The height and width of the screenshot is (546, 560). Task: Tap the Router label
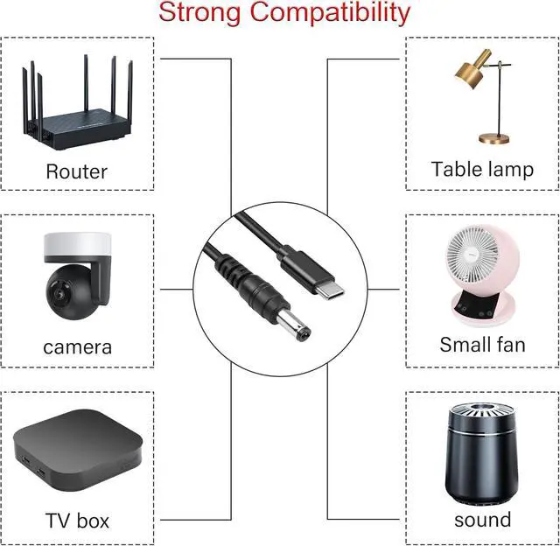click(x=76, y=171)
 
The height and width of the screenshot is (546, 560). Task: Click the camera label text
click(x=77, y=346)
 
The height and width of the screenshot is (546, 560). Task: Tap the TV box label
click(x=77, y=521)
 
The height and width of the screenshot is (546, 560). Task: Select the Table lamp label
click(x=482, y=169)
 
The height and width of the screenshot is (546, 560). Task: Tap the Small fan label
click(x=482, y=344)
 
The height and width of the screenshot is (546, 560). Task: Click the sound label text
click(x=482, y=519)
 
